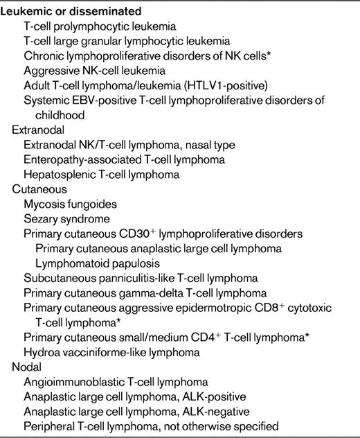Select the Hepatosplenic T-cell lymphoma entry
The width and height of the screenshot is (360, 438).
click(x=101, y=174)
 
